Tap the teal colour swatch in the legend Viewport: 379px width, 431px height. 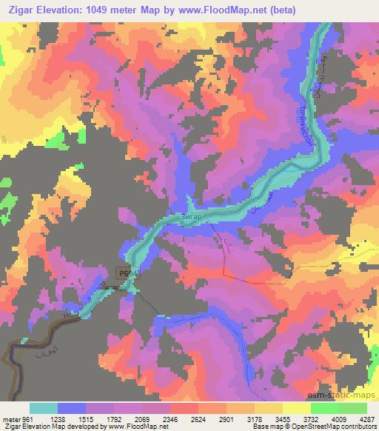tap(44, 408)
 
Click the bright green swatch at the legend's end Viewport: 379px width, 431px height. tap(352, 408)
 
